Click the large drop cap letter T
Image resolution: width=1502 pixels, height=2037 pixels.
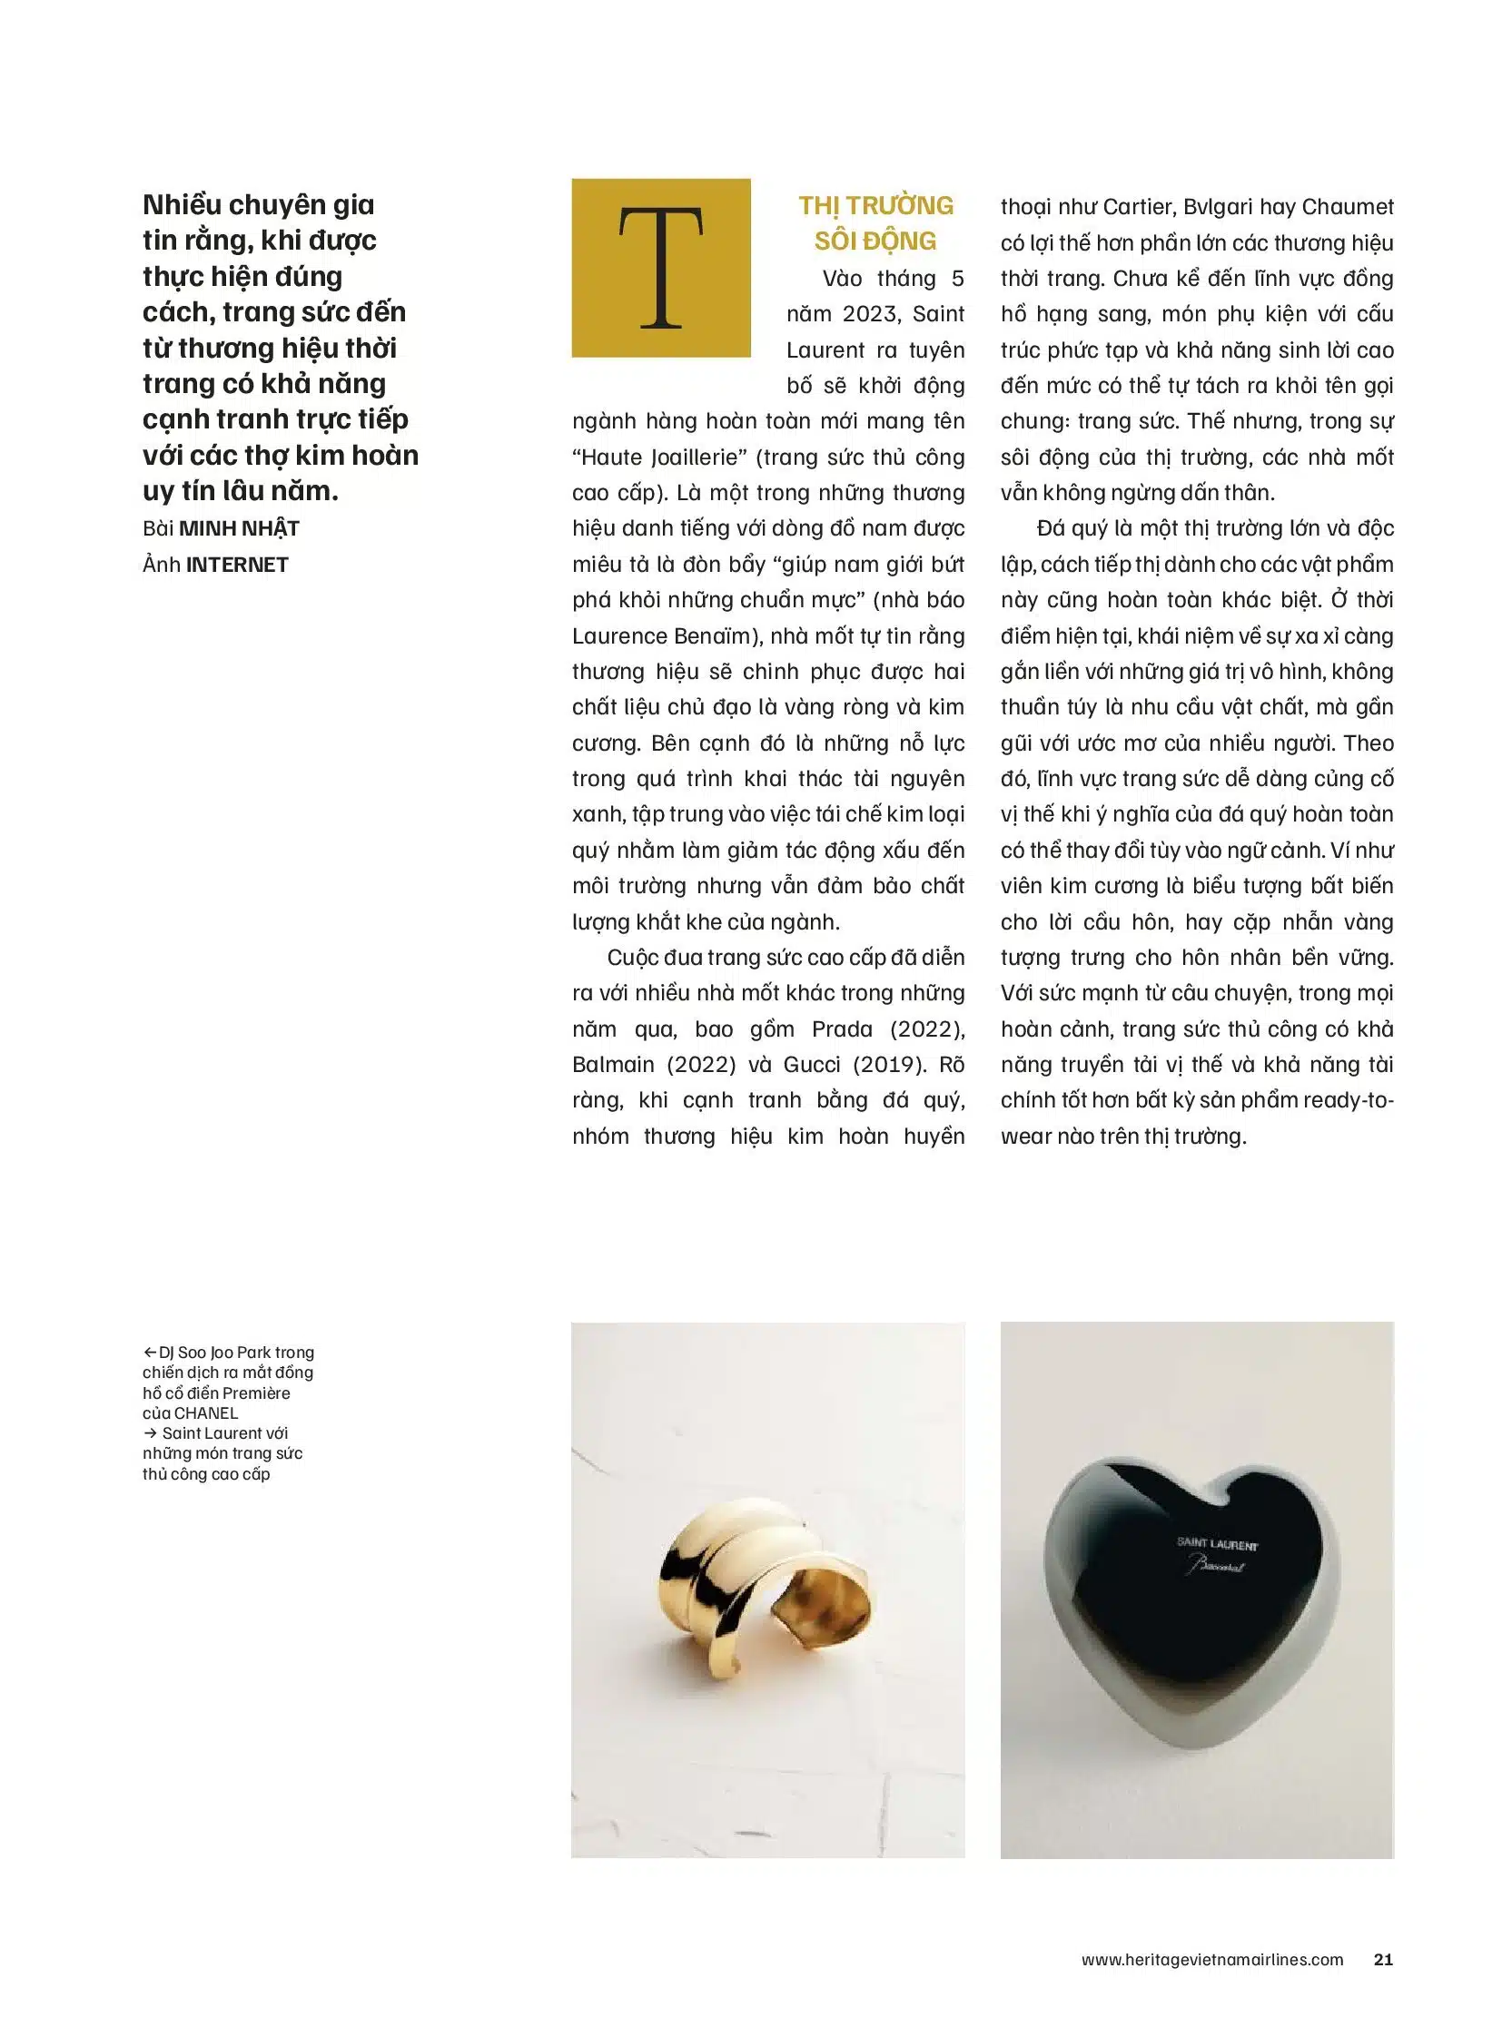pos(661,268)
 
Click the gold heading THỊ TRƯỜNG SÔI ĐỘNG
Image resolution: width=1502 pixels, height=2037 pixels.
pos(875,223)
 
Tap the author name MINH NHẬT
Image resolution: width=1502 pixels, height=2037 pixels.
pos(239,529)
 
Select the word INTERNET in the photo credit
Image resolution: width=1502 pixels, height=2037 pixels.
pos(237,565)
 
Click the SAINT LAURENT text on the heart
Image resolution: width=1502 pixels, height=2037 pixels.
pos(1217,1542)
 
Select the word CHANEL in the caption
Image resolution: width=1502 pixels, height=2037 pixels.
pos(205,1413)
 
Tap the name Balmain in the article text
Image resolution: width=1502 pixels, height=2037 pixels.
pos(614,1065)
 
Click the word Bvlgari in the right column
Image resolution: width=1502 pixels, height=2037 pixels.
pos(1218,207)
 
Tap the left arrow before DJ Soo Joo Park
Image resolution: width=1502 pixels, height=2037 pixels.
pos(150,1353)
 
